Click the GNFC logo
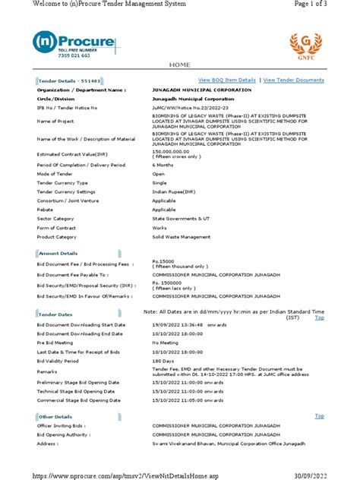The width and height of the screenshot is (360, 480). click(301, 46)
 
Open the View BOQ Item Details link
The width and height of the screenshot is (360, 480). click(226, 80)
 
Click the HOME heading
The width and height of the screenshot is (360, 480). click(179, 66)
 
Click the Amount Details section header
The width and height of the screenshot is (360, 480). click(58, 253)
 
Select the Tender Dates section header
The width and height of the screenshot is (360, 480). click(55, 313)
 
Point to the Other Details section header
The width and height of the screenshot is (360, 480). click(57, 416)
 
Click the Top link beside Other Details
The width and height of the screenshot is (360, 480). click(320, 416)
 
